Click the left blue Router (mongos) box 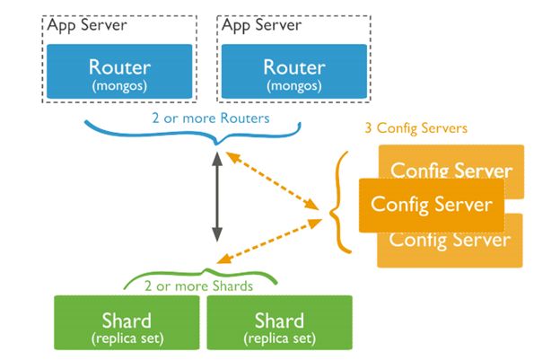[119, 72]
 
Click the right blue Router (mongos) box [294, 72]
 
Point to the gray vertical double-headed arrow [216, 198]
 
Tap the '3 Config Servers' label [416, 128]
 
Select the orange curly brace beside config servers [339, 202]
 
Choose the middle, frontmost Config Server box [431, 205]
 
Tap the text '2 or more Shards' [199, 286]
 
